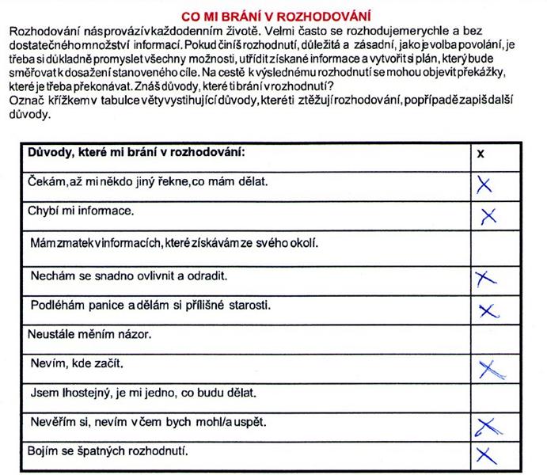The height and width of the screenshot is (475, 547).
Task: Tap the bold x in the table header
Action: tap(480, 154)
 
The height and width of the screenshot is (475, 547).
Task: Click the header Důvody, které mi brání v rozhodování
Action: tap(136, 152)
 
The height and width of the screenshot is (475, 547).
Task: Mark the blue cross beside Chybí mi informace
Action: tap(488, 215)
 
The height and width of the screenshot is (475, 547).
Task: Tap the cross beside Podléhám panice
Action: tap(486, 308)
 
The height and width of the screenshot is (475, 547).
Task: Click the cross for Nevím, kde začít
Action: tap(490, 368)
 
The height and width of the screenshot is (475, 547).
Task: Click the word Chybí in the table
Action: tap(43, 212)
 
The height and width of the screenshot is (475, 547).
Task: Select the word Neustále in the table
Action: tap(52, 335)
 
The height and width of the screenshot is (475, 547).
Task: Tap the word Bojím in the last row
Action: tap(44, 452)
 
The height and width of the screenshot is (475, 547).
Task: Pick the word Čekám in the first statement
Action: tap(46, 181)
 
